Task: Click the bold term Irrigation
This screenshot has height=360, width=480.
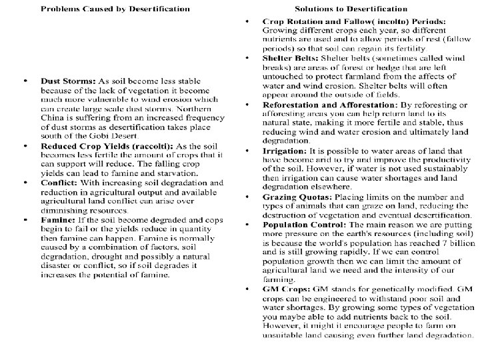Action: tap(287, 151)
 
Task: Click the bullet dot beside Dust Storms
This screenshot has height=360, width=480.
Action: tap(25, 82)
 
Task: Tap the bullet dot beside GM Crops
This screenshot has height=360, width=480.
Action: tap(247, 289)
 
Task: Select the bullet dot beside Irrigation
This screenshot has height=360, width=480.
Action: tap(247, 151)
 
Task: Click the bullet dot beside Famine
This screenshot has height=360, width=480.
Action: tap(25, 219)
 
